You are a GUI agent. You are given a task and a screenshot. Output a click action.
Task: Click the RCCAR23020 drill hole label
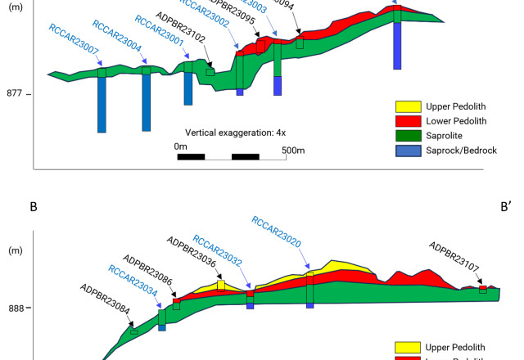[276, 231]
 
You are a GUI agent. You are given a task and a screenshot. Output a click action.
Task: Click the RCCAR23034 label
[133, 280]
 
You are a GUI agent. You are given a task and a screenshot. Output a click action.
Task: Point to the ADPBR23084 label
[104, 299]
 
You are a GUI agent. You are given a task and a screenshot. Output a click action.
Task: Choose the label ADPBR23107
[454, 255]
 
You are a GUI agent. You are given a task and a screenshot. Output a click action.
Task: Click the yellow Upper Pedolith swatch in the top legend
[409, 106]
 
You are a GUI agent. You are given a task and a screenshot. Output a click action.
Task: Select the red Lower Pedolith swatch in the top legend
[409, 121]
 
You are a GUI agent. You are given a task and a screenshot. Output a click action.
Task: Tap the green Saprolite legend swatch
[409, 136]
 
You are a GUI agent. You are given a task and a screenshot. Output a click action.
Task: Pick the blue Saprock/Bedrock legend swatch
[409, 151]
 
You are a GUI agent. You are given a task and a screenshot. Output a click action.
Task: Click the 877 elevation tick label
[15, 94]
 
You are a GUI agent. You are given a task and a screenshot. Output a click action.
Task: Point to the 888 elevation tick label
[15, 308]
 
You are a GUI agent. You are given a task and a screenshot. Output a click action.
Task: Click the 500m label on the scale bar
[293, 150]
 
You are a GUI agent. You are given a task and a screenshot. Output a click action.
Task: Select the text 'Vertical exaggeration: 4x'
[235, 133]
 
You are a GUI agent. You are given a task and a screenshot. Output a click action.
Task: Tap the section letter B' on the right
[505, 207]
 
